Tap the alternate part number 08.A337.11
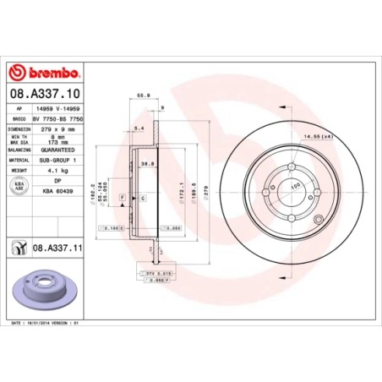coord(56,247)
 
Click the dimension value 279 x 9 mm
coord(56,129)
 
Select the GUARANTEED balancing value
coord(57,150)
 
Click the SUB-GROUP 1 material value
coord(57,159)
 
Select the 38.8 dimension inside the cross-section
coord(147,163)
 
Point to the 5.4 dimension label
coord(137,127)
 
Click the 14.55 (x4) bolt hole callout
coord(339,136)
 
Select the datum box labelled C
coord(143,197)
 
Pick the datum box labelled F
coord(124,197)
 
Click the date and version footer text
coord(46,322)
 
